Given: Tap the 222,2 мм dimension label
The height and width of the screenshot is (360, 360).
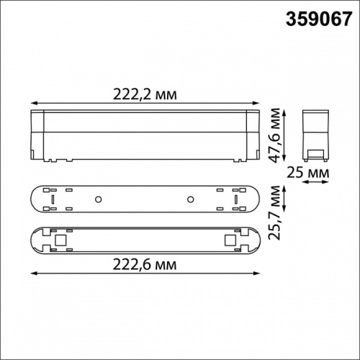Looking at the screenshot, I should pos(145,94).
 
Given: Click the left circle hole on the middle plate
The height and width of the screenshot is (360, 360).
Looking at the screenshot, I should pos(98,199).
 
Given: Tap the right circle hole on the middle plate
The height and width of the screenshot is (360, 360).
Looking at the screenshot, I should pos(191,199).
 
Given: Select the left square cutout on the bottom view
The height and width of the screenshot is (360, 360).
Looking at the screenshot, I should pos(60,239).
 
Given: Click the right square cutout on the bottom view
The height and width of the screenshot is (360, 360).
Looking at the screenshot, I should pos(230,239).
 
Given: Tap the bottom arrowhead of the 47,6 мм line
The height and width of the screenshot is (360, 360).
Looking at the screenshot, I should pos(283,158).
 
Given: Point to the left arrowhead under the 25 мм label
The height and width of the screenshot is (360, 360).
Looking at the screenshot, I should pos(303,183).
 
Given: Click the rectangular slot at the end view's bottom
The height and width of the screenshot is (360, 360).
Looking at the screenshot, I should pos(315,153).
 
